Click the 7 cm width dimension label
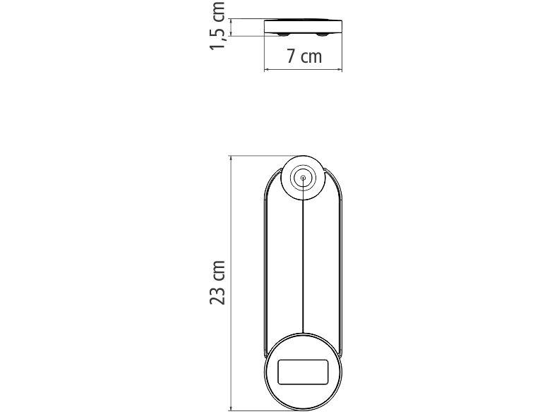pos(304,56)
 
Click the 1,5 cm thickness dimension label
pos(218,26)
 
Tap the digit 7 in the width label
pos(292,56)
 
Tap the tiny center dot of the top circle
pos(304,178)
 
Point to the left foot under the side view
pos(282,34)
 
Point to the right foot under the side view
pos(323,34)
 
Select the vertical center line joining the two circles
pos(304,261)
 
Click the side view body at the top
pos(304,26)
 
